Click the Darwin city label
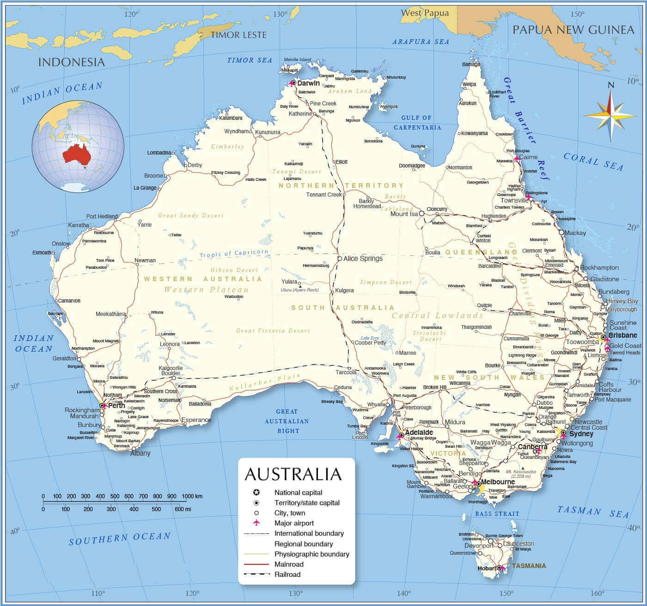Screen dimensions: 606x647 (x=308, y=83)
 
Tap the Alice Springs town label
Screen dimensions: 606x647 (x=363, y=259)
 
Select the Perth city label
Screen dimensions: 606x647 (x=116, y=406)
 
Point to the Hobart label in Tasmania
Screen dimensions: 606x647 (x=487, y=568)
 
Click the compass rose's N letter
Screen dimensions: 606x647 (x=610, y=85)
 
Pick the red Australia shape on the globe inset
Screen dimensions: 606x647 (x=76, y=154)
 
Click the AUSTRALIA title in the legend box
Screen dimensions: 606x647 (x=293, y=474)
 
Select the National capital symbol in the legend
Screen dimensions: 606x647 (x=256, y=493)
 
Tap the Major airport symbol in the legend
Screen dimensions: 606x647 (x=256, y=523)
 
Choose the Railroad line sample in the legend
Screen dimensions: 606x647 (x=256, y=575)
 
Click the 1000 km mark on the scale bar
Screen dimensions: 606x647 (x=189, y=496)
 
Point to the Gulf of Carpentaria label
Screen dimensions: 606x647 (x=417, y=123)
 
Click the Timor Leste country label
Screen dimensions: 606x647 (x=238, y=35)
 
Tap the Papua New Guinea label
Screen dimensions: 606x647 (x=573, y=30)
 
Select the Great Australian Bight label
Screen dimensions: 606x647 (x=287, y=421)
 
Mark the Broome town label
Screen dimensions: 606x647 (x=154, y=176)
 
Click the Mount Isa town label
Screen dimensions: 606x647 (x=404, y=214)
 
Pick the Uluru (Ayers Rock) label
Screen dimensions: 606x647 (x=299, y=290)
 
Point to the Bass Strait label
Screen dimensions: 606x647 (x=497, y=513)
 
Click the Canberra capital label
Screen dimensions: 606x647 (x=532, y=447)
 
